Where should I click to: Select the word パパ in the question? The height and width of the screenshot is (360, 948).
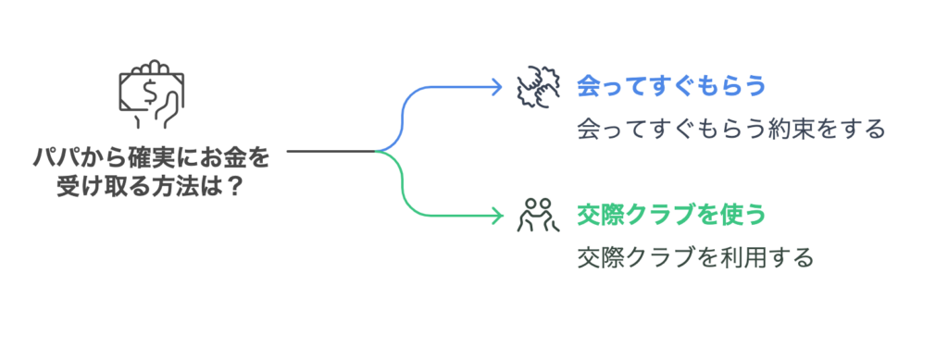52,158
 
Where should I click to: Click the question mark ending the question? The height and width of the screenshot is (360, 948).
235,185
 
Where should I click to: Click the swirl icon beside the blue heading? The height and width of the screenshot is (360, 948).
534,86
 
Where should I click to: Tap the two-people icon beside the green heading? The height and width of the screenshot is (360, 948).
534,215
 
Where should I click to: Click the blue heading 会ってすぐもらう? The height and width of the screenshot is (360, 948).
671,86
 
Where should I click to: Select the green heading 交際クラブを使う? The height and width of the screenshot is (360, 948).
671,216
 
